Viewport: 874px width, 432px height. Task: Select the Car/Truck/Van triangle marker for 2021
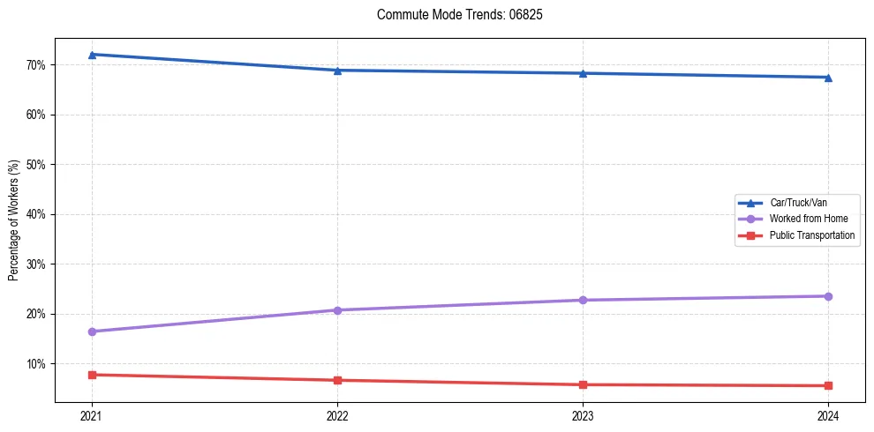[x=92, y=55]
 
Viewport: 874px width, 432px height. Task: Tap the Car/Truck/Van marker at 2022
[x=337, y=71]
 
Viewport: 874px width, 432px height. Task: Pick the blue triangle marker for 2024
[x=828, y=78]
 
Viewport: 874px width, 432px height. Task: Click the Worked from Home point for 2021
[x=92, y=331]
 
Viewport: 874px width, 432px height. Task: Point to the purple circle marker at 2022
[x=337, y=310]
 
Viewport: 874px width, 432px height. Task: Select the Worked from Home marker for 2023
[x=583, y=301]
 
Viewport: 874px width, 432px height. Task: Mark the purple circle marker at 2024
[x=828, y=296]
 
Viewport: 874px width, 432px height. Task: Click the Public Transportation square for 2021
[x=92, y=375]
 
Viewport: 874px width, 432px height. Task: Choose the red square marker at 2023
[x=583, y=384]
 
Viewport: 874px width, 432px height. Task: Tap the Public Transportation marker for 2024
[x=828, y=385]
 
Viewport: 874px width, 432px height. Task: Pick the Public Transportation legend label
[x=811, y=235]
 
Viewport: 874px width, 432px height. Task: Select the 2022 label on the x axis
[x=337, y=415]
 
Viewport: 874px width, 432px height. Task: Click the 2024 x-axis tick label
[x=828, y=415]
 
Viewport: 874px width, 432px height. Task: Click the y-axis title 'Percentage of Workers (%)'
[x=14, y=220]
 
